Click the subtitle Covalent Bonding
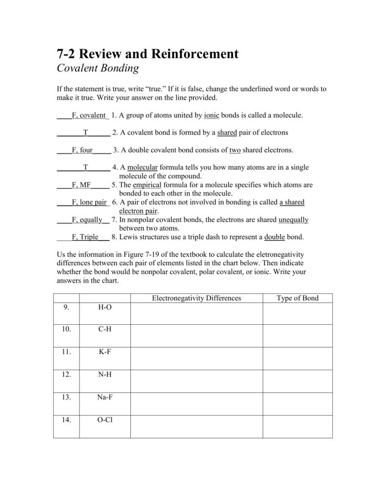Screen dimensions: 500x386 (x=98, y=68)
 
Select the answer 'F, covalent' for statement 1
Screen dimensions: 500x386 (x=88, y=115)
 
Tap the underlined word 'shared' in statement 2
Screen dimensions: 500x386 (x=227, y=132)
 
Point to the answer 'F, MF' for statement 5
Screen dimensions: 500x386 (x=81, y=185)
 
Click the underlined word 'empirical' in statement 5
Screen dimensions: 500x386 (x=147, y=185)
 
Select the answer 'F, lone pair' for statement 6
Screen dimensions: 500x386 (x=89, y=202)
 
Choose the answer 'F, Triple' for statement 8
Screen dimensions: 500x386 (x=85, y=237)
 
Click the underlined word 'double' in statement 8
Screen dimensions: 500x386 (x=274, y=237)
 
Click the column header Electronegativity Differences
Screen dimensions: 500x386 (x=196, y=298)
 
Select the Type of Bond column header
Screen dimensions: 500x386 (x=297, y=298)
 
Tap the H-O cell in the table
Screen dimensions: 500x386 (x=104, y=307)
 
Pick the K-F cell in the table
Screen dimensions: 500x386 (x=104, y=352)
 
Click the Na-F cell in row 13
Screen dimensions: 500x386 (x=104, y=397)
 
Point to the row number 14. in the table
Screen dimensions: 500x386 (x=66, y=419)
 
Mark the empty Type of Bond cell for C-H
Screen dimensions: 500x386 (x=298, y=335)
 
